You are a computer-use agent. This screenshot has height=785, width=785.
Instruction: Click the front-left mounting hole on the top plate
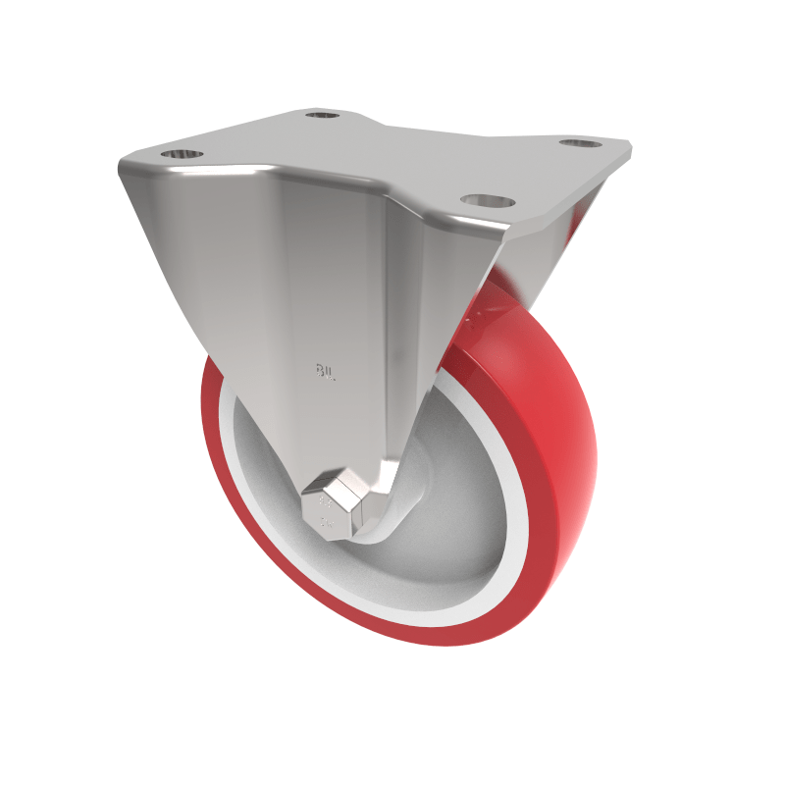(180, 154)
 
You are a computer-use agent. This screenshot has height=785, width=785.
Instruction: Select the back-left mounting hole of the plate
(320, 116)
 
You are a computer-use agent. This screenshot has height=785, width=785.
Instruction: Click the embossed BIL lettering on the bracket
(325, 371)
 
